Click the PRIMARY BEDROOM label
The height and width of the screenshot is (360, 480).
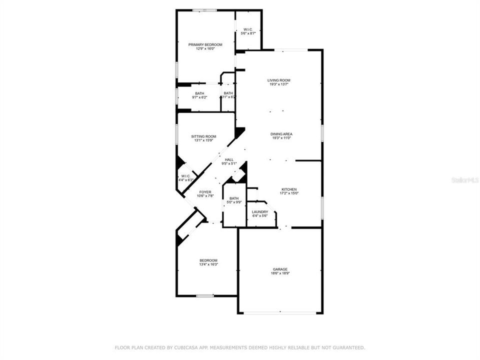205,44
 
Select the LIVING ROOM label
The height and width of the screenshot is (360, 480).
278,80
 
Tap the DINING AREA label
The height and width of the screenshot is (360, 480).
281,134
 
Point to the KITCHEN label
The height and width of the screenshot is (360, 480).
288,189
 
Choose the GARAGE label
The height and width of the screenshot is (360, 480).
279,269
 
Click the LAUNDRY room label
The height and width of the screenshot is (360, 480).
260,211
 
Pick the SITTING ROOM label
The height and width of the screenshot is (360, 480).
203,136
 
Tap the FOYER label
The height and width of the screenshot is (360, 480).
205,192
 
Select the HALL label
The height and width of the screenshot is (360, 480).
229,159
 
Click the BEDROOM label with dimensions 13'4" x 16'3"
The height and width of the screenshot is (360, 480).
208,260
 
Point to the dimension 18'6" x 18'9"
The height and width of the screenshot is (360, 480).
279,273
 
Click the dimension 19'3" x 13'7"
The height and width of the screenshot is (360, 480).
278,84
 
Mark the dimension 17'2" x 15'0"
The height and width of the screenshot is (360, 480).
288,193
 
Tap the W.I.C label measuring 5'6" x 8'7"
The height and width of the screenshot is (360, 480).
248,29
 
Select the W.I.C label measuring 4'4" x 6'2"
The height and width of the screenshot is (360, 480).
185,176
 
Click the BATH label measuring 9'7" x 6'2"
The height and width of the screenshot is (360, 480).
199,93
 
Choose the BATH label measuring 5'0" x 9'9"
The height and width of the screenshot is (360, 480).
234,198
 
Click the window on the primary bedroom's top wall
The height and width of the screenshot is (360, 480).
205,10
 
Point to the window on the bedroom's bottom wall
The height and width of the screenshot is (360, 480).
205,296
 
